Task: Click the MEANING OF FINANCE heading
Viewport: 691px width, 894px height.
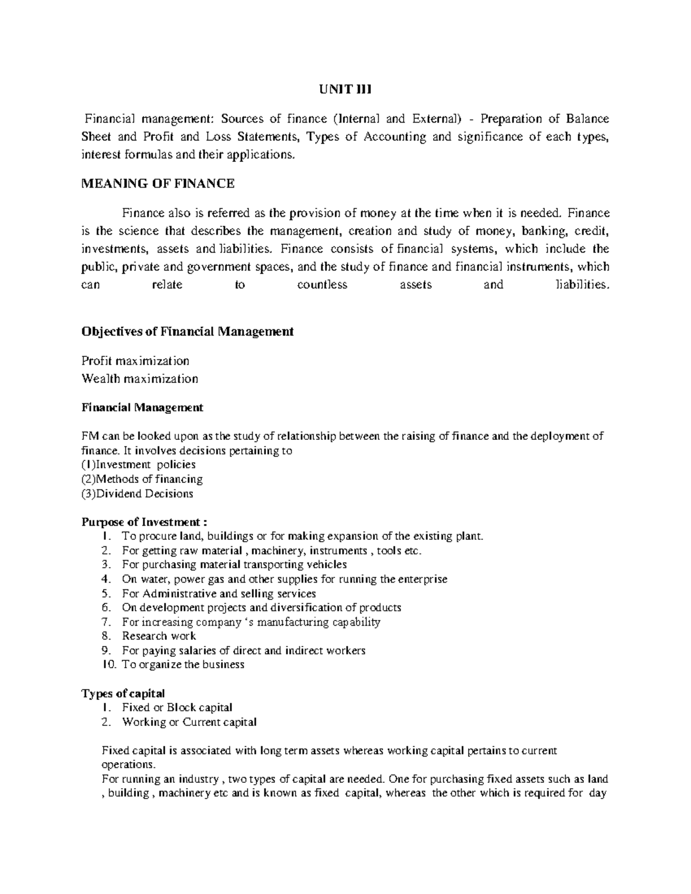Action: [158, 184]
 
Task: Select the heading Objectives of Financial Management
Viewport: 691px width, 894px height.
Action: [188, 332]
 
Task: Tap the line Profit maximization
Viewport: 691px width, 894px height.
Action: [135, 361]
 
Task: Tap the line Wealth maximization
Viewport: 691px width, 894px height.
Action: [140, 379]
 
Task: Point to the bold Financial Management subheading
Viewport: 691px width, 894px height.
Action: [142, 408]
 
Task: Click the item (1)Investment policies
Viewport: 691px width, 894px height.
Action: [139, 465]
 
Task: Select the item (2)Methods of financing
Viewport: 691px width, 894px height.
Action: [142, 479]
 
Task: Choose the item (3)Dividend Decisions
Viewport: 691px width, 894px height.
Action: [138, 493]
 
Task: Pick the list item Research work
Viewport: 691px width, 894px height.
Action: [159, 636]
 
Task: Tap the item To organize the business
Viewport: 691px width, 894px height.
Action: [183, 664]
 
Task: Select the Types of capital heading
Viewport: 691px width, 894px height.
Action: [123, 693]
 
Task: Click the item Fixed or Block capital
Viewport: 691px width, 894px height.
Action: [177, 707]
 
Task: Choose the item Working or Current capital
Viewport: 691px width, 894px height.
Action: [189, 722]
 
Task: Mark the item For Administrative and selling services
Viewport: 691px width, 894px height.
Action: [219, 594]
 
